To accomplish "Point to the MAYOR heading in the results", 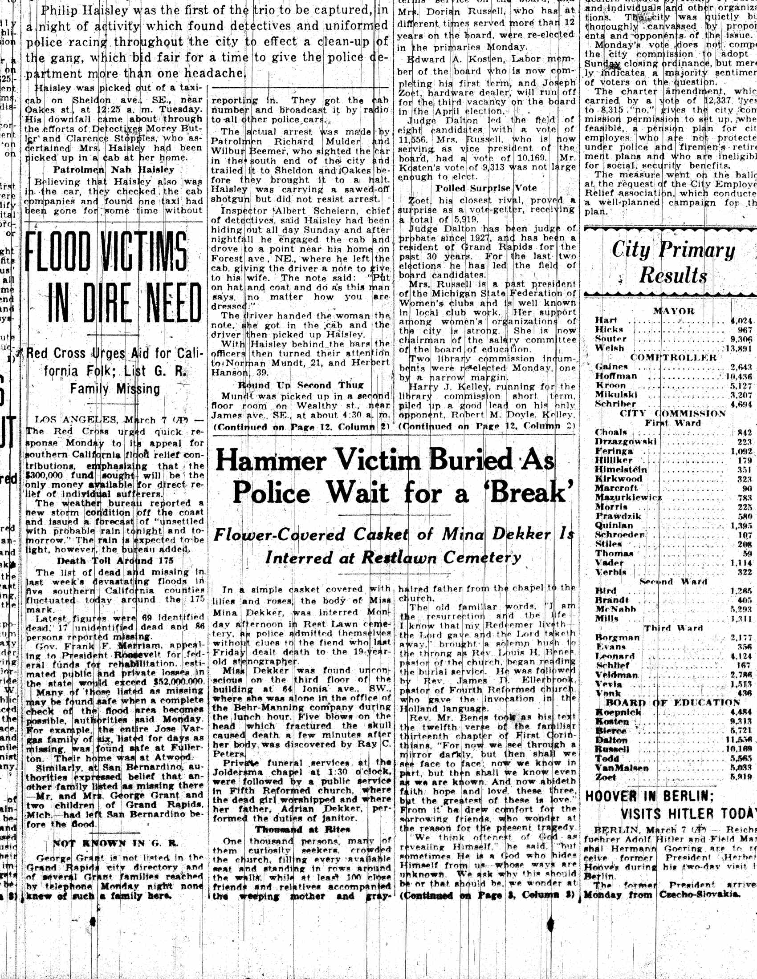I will click(674, 311).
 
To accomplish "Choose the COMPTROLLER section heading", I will click(673, 357).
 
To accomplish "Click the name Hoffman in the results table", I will click(616, 376).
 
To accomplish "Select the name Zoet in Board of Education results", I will click(606, 777).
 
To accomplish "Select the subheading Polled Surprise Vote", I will click(486, 188).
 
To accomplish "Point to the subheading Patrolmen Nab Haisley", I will click(114, 170).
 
